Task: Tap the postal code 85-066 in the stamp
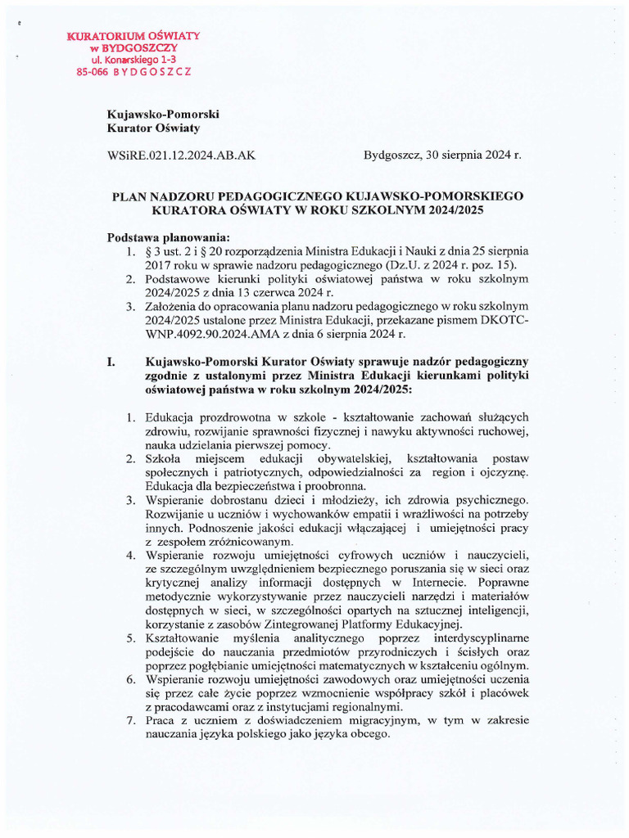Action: coord(92,72)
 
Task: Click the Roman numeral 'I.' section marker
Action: coord(113,362)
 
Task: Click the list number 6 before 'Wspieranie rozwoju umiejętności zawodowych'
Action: coord(131,680)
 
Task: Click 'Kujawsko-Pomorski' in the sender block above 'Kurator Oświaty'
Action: coord(163,115)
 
